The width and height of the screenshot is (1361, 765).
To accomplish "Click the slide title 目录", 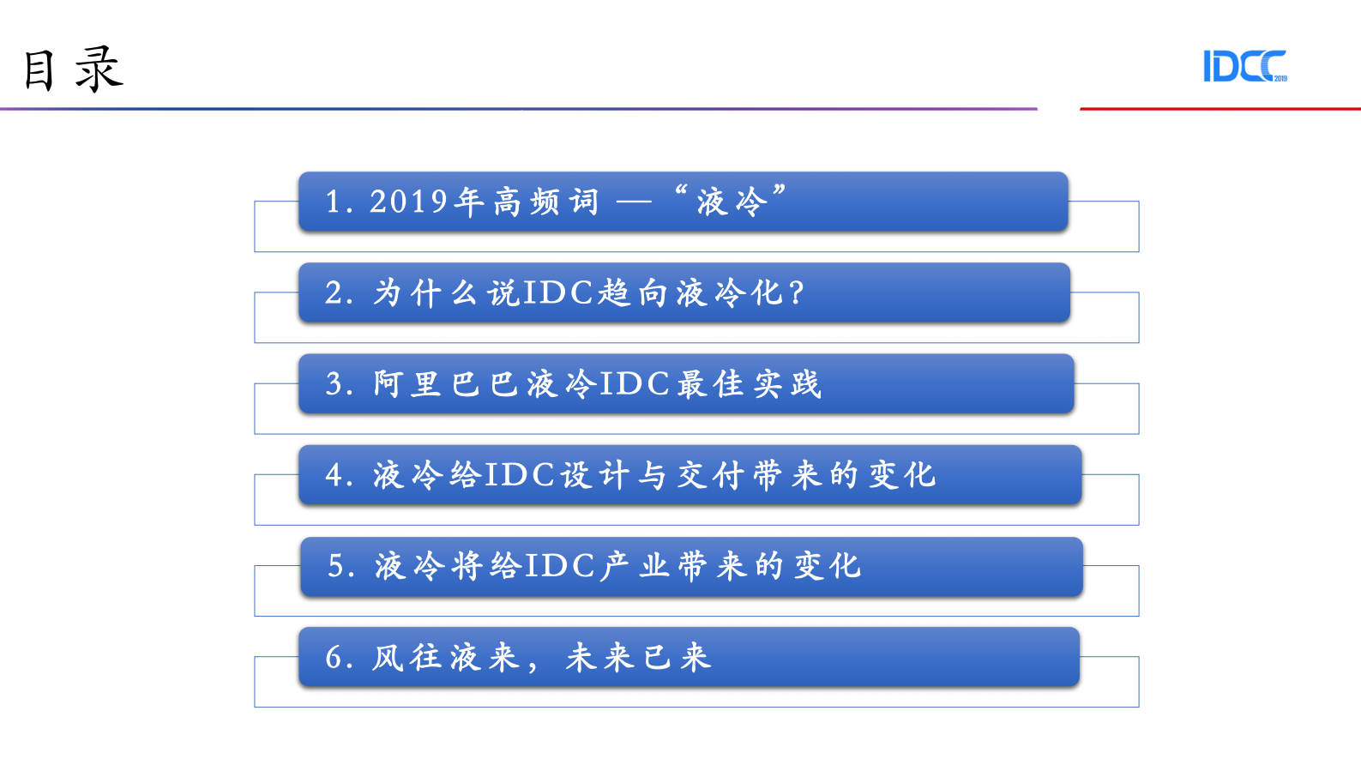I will pos(73,69).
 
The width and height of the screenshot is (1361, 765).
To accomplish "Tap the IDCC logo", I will pos(1244,66).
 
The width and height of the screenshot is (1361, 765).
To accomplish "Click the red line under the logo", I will pos(1219,109).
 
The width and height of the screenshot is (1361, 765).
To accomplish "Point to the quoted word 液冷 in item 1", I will pos(731,202).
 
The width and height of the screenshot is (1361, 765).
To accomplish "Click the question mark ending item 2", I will pos(797,293).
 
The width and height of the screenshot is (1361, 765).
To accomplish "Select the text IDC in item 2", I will pos(558,293).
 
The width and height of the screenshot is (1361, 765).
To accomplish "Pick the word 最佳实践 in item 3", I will pos(750,384).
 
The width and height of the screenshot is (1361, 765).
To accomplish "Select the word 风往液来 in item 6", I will pos(446,658).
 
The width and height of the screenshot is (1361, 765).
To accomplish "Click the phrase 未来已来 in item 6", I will pos(638,658).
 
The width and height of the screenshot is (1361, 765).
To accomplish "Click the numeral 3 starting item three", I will pos(334,384).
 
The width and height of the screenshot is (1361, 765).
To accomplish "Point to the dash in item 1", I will pos(635,202).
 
